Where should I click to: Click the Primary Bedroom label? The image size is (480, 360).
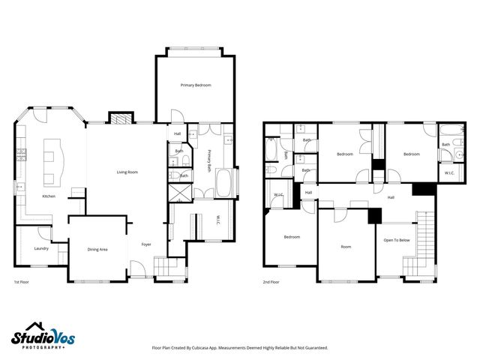tap(195, 85)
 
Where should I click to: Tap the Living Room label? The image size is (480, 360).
tap(127, 172)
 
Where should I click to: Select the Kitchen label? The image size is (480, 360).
tap(49, 196)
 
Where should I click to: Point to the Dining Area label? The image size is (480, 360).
tap(97, 249)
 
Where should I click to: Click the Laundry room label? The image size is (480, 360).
tap(41, 248)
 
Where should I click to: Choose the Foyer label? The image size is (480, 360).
tap(146, 244)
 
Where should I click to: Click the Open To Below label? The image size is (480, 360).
tap(397, 240)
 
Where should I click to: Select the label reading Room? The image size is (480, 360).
tap(346, 246)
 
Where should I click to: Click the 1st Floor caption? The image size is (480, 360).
tap(22, 282)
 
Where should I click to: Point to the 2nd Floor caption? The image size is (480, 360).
tap(271, 282)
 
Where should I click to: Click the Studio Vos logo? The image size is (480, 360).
tap(43, 337)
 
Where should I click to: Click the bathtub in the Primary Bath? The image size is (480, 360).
tap(223, 182)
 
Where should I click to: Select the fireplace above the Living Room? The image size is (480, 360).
tap(120, 118)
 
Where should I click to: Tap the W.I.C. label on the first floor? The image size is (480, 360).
tap(217, 219)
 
